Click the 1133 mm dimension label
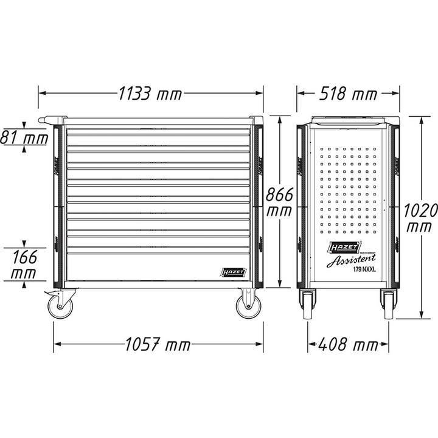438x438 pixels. (151, 94)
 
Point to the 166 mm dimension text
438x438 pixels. (24, 264)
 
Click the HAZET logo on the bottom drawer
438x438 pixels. (230, 273)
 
